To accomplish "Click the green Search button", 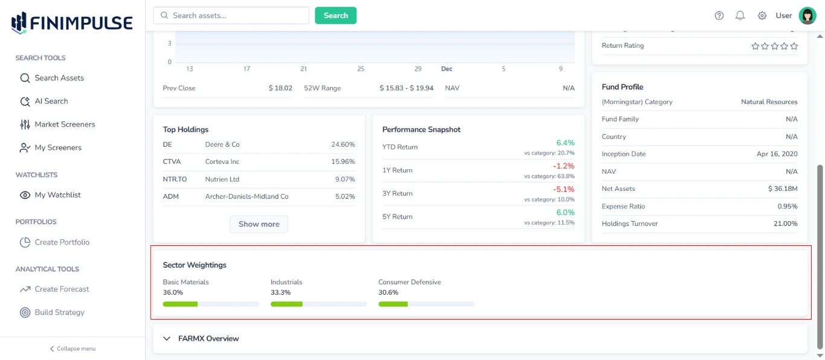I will point(335,16).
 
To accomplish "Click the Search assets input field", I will point(232,16).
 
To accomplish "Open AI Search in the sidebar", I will point(51,101).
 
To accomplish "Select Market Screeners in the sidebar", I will point(64,124).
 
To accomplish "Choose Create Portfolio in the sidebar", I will point(62,242).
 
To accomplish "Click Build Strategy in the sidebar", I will point(59,312).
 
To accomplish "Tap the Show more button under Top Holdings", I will point(258,224).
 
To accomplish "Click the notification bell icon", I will point(740,16).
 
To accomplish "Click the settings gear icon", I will point(762,16).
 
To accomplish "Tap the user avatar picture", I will point(807,16).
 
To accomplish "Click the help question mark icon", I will point(719,16).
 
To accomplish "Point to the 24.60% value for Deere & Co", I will point(342,145).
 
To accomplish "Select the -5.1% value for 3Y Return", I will point(563,190).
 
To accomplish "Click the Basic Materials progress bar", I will point(210,304).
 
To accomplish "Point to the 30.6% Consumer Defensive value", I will point(388,292).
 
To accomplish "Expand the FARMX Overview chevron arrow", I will point(167,339).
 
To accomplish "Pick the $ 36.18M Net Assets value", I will point(782,189).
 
